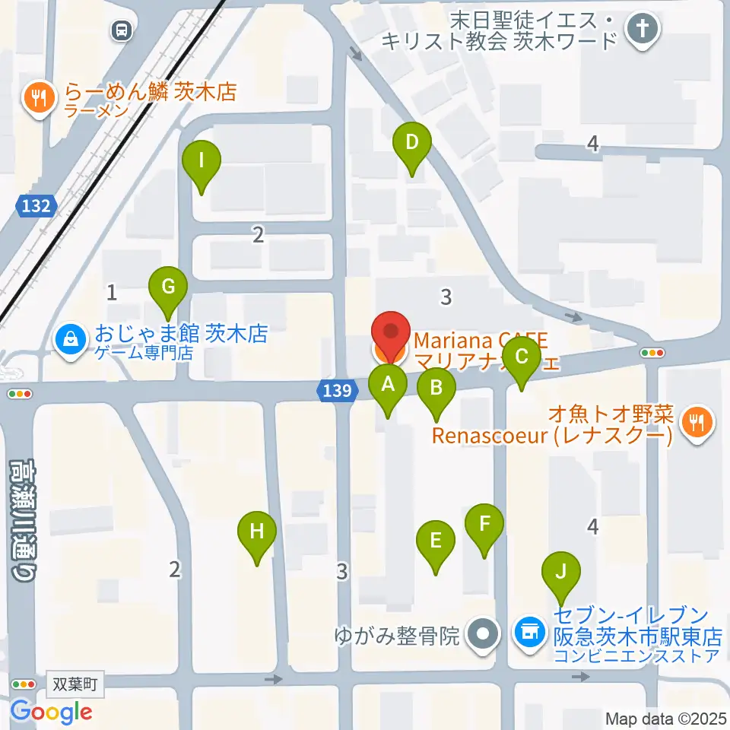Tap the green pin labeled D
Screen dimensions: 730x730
point(411,143)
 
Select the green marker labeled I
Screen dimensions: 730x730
point(202,162)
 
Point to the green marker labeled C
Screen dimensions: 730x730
point(522,358)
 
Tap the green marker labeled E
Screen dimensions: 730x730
point(436,542)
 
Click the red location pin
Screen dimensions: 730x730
point(391,335)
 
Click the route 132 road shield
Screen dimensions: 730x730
point(36,205)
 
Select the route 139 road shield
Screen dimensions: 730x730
point(335,391)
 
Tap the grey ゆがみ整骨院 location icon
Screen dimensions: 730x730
point(481,633)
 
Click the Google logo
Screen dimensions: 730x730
point(51,712)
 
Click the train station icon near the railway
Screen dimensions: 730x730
point(121,31)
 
